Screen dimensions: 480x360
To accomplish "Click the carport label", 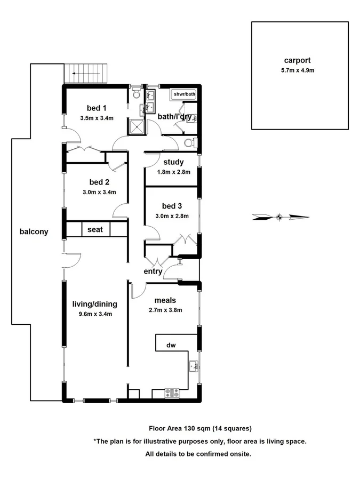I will point(297,60).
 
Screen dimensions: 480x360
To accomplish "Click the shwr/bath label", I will point(183,94).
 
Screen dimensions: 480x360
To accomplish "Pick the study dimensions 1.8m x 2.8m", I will point(173,172).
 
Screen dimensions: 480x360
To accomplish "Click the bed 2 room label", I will point(99,182).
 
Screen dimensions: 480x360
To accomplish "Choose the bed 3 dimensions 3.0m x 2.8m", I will point(172,215).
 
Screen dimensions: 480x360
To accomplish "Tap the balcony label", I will point(34,231).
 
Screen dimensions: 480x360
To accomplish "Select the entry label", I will point(153,271).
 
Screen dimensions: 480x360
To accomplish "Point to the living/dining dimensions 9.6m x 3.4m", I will point(95,314).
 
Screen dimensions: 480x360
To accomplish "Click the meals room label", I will point(165,300).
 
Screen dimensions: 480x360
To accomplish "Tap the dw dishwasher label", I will point(171,345).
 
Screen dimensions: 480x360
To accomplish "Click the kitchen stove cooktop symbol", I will point(172,394).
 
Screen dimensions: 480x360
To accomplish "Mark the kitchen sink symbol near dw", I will point(195,367).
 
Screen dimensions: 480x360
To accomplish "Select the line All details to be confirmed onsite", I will point(198,454).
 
